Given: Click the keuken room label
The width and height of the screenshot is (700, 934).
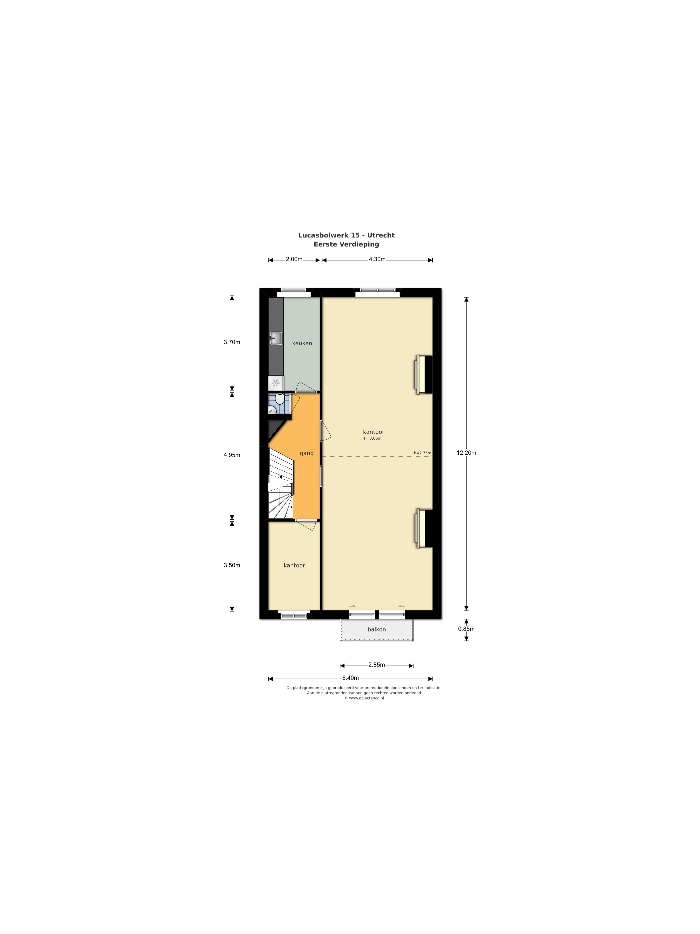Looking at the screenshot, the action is pos(302,343).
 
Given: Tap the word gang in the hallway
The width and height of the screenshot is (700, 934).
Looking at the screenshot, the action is pos(307,453).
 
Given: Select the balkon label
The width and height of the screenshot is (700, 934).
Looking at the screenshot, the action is pos(376,629).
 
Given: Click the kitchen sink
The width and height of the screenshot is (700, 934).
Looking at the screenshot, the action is pos(276,338).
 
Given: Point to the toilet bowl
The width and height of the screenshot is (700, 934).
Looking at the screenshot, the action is pos(279,399).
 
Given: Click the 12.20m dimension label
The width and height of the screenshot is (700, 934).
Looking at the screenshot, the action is pos(466,453).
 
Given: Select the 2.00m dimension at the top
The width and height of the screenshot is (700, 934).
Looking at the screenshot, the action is pos(294,259).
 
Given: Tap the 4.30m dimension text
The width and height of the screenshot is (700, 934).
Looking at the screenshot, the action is pos(377,259).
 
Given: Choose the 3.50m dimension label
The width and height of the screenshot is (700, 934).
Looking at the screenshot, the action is pos(232,565).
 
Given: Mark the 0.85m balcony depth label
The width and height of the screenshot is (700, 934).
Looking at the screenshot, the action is pos(466,629).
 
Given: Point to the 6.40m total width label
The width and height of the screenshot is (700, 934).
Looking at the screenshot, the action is pos(351,678).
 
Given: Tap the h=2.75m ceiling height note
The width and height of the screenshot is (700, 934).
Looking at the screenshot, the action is pos(422,453).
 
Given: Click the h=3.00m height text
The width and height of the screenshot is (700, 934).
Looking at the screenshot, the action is pos(373,438).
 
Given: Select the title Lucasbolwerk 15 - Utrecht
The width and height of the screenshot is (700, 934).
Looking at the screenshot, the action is pos(346,235).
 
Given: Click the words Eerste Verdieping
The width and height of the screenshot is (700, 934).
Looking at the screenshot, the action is pos(346,244).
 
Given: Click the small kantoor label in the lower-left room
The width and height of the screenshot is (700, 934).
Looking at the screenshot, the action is pos(294,565).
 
